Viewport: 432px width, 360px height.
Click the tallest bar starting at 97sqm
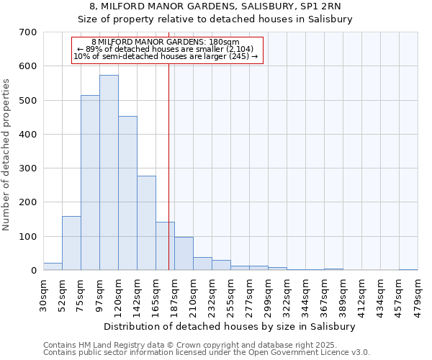point(109,173)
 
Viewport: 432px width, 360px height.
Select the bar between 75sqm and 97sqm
point(90,183)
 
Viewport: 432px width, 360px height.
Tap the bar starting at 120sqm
point(127,193)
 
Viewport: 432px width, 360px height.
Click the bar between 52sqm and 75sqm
point(71,243)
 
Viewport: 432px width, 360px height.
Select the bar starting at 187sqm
point(184,253)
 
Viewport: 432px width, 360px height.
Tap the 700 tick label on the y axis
point(28,32)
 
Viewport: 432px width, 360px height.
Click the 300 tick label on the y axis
point(28,168)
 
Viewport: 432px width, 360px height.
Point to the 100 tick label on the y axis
point(28,237)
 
